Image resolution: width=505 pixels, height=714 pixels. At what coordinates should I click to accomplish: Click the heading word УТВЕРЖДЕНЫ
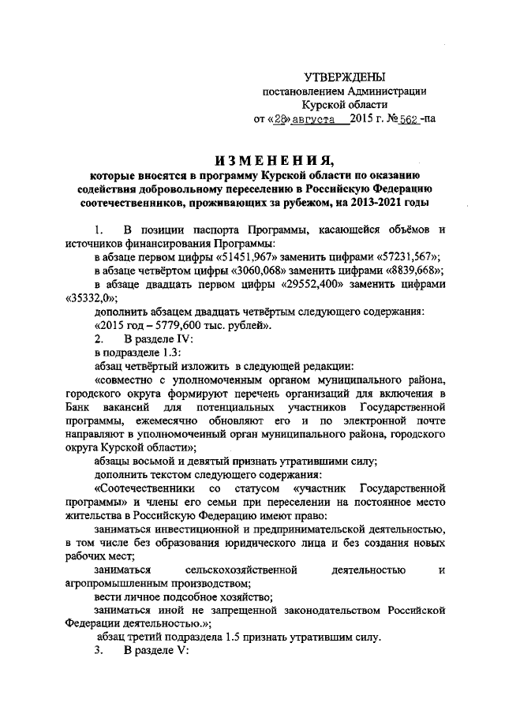tap(345, 77)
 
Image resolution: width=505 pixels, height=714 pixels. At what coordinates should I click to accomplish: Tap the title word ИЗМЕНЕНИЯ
tap(257, 157)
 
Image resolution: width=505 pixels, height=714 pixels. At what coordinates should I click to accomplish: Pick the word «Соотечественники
tap(142, 488)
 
